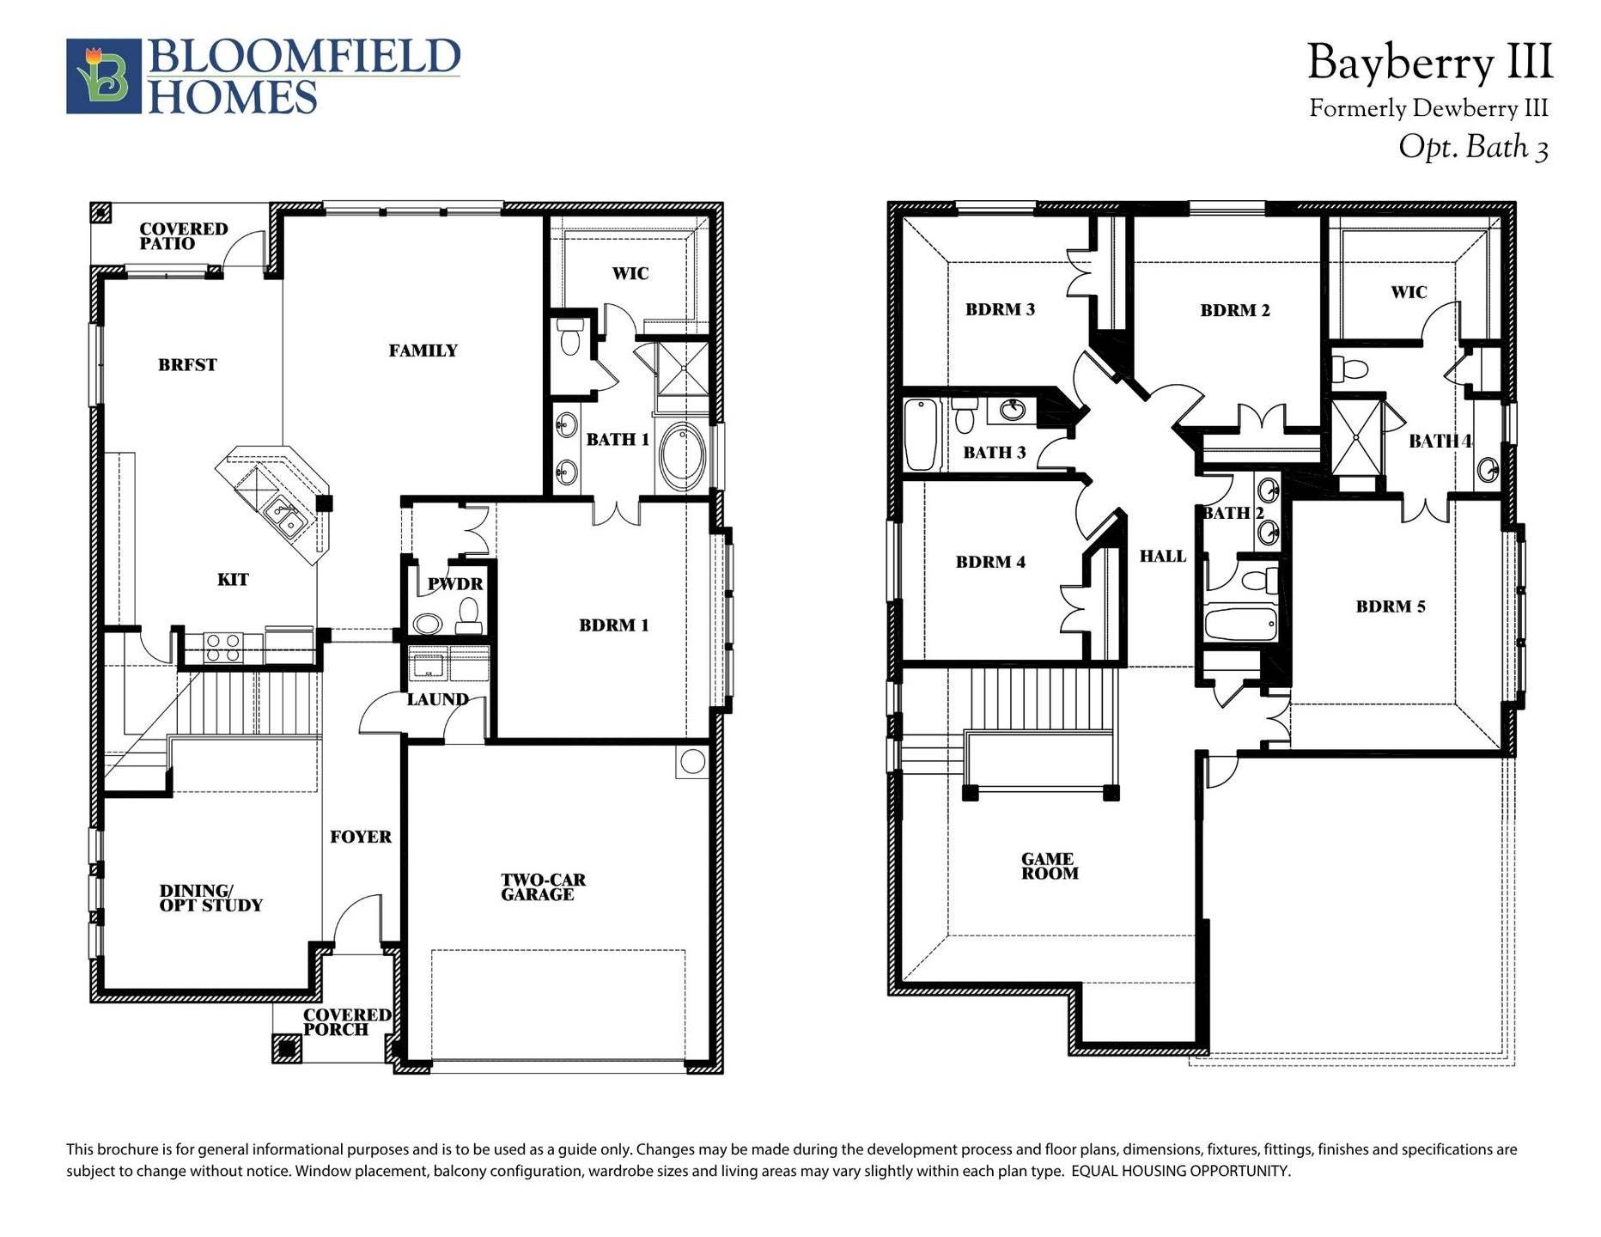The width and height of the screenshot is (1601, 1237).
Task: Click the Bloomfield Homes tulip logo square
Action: coord(104,76)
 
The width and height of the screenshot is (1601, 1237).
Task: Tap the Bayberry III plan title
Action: coord(1429,64)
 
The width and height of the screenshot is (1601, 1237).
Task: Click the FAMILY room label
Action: coord(423,350)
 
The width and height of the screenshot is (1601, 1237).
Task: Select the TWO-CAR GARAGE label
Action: coord(543,887)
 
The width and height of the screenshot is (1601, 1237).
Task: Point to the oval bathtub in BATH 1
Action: coord(683,454)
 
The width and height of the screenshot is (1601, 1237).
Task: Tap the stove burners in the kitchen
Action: coord(223,647)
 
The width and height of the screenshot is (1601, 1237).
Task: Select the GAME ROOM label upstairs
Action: coord(1049,866)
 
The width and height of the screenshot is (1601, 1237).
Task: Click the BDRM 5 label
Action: coord(1390,607)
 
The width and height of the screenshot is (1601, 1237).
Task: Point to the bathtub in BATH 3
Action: coord(920,435)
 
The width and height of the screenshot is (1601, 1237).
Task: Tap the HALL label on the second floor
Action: coord(1162,557)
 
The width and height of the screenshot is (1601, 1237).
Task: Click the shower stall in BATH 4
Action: coord(1356,437)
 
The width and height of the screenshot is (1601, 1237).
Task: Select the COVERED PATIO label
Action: coord(183,236)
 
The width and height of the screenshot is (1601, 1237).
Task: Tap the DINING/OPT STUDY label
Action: coord(210,898)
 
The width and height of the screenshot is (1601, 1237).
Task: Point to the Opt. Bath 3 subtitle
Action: coord(1472,148)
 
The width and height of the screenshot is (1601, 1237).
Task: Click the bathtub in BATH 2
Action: coord(1239,624)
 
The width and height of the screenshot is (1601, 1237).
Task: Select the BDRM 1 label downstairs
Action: coord(613,625)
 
